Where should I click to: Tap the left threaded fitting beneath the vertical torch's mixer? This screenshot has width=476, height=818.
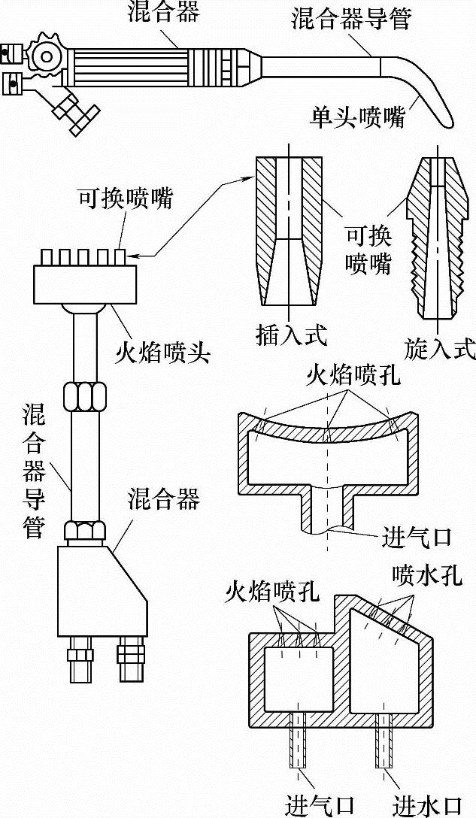pos(80,659)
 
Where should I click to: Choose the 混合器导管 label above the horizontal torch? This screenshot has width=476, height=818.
pos(351,19)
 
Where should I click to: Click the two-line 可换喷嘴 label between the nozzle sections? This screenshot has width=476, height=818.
pos(368,250)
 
